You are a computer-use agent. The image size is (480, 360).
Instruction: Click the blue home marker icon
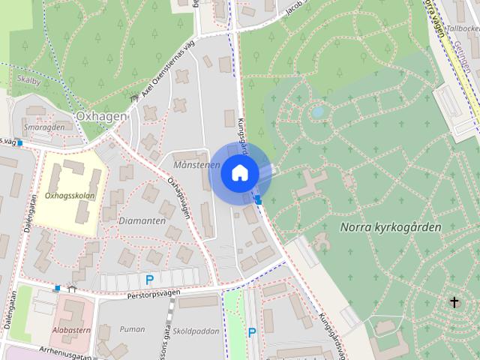tap(239, 172)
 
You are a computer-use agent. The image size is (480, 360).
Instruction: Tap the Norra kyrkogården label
tap(390, 226)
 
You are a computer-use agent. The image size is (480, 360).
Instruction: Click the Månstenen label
tap(196, 164)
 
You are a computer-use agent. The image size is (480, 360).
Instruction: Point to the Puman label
tap(131, 328)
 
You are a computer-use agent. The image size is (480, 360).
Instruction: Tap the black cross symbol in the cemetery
tap(454, 301)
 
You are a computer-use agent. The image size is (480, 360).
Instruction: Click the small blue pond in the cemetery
tap(319, 112)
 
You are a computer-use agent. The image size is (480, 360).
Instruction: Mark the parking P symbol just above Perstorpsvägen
tap(150, 280)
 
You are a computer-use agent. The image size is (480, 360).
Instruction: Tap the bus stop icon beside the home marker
tap(259, 199)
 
